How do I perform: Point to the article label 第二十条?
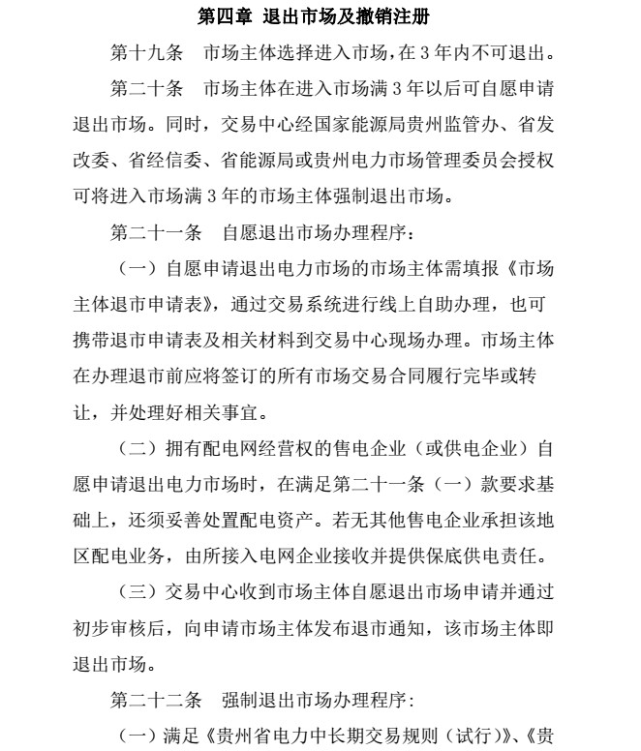point(146,89)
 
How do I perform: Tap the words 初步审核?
point(108,626)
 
